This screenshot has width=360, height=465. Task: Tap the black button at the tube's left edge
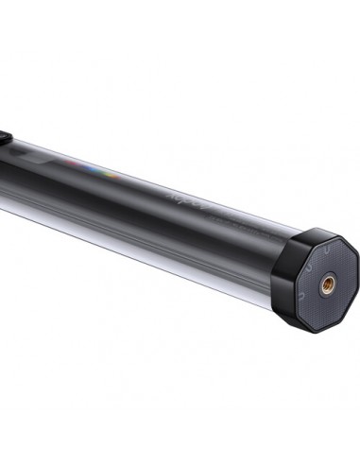click(5, 141)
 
